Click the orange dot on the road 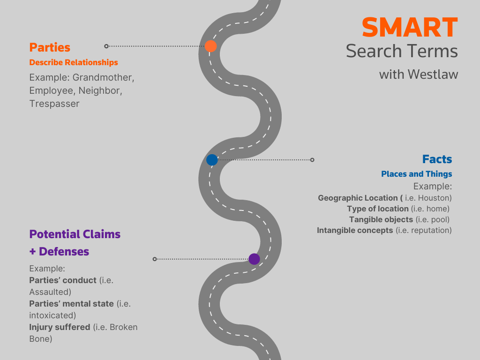[210, 46]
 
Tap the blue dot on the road [212, 160]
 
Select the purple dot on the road [254, 259]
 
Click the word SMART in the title [409, 28]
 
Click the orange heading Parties [50, 47]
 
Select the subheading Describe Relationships [74, 62]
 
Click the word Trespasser [54, 104]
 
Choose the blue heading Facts [437, 159]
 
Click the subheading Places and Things [417, 174]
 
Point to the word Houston [435, 198]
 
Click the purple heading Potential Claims [75, 234]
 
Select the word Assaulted [50, 292]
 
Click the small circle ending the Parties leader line [106, 46]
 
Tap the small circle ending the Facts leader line [312, 160]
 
